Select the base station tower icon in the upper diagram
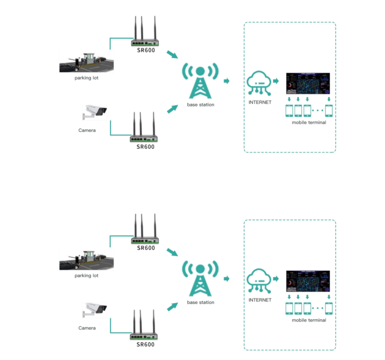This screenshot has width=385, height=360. pos(200,80)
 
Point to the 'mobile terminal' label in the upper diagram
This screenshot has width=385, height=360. pos(308,122)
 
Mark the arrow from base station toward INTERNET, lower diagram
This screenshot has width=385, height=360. pos(227,279)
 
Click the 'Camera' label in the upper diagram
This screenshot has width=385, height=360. pos(87,130)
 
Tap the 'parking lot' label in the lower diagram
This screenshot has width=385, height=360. pos(86,276)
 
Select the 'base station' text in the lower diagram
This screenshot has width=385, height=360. pos(200,302)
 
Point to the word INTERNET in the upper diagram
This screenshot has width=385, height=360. pos(260,102)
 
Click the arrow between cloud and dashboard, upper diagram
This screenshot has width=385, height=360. pos(277,81)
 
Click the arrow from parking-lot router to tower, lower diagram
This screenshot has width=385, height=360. pos(171,253)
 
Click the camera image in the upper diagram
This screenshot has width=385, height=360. pos(94,112)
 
